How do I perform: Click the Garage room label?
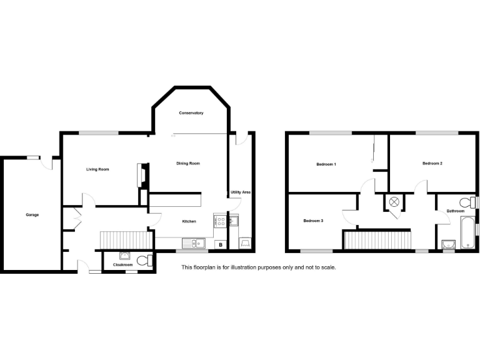tap(32, 215)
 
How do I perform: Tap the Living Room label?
tap(97, 169)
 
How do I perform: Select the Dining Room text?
tap(187, 163)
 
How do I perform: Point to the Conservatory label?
tap(191, 113)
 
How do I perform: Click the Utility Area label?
tap(240, 192)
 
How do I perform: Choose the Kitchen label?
tap(189, 222)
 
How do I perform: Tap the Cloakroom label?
tap(122, 265)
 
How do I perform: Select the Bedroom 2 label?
tap(432, 163)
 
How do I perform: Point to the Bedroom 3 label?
tap(313, 221)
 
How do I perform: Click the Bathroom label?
tap(455, 211)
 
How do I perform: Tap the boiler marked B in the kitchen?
tap(221, 244)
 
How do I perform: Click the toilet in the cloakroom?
tap(144, 259)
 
